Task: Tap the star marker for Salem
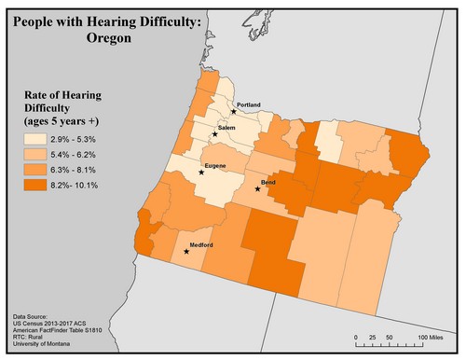[x=215, y=134]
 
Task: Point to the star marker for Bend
[x=258, y=189]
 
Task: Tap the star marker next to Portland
[x=234, y=111]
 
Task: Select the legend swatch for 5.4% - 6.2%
[x=37, y=154]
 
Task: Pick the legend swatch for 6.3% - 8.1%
[x=37, y=170]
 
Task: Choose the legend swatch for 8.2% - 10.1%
[x=37, y=186]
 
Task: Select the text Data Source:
[x=36, y=317]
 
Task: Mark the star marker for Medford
[x=186, y=251]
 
